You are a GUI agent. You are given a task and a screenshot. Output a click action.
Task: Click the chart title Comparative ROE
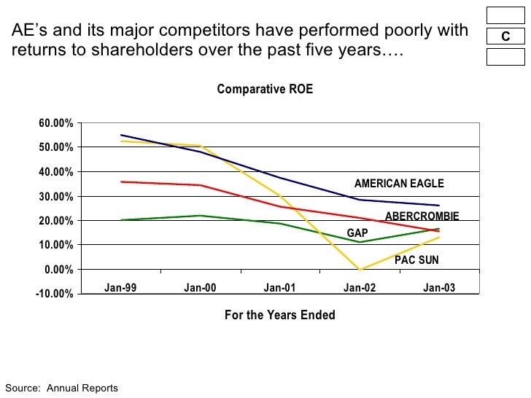[265, 89]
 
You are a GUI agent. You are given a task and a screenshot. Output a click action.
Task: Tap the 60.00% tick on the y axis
[55, 123]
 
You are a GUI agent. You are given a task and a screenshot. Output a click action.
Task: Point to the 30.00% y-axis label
[55, 197]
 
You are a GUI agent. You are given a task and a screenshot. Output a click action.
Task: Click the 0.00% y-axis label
[58, 270]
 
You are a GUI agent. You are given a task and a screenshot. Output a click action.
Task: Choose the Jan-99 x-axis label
[120, 288]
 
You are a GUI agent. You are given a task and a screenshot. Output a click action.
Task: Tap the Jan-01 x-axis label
[279, 288]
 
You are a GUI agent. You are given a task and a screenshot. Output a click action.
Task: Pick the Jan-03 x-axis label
[439, 288]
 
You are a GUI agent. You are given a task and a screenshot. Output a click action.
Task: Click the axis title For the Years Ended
[280, 316]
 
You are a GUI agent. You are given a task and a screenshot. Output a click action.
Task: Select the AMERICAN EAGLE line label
[398, 184]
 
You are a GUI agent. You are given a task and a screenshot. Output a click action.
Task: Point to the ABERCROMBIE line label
[422, 216]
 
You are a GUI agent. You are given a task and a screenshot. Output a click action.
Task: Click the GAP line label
[357, 233]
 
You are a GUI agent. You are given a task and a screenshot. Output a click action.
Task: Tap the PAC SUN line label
[416, 260]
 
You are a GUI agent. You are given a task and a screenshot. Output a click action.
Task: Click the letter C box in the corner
[505, 37]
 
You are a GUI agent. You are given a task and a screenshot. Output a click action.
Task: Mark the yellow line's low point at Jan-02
[360, 270]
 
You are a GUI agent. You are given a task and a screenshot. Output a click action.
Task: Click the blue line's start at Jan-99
[120, 135]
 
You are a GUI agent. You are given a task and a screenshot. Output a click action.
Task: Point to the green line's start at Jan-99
[120, 219]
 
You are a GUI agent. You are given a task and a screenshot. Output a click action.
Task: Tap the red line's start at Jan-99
[120, 182]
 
